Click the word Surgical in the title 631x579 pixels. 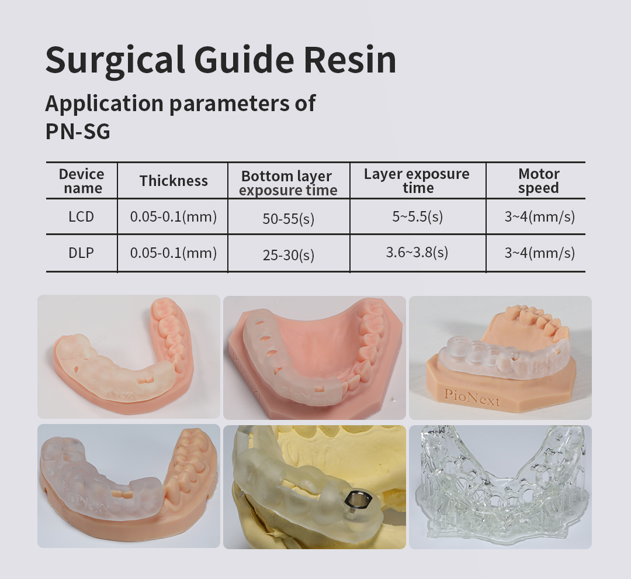pyautogui.click(x=116, y=60)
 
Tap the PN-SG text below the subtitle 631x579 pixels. pyautogui.click(x=78, y=132)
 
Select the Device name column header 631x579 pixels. pyautogui.click(x=82, y=181)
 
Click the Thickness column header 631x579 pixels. pyautogui.click(x=174, y=181)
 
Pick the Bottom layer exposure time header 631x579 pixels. pyautogui.click(x=287, y=183)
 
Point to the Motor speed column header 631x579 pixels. pyautogui.click(x=539, y=181)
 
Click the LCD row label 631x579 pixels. pyautogui.click(x=81, y=217)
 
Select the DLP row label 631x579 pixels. pyautogui.click(x=81, y=253)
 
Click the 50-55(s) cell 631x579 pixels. pyautogui.click(x=289, y=218)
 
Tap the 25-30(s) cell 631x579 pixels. pyautogui.click(x=289, y=254)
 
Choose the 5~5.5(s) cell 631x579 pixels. pyautogui.click(x=418, y=217)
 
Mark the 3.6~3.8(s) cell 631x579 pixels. pyautogui.click(x=417, y=253)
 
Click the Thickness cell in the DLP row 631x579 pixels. pyautogui.click(x=174, y=253)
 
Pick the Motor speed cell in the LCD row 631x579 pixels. pyautogui.click(x=540, y=217)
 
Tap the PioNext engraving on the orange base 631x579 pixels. pyautogui.click(x=471, y=397)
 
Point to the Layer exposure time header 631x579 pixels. pyautogui.click(x=417, y=181)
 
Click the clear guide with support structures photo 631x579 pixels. pyautogui.click(x=500, y=487)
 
